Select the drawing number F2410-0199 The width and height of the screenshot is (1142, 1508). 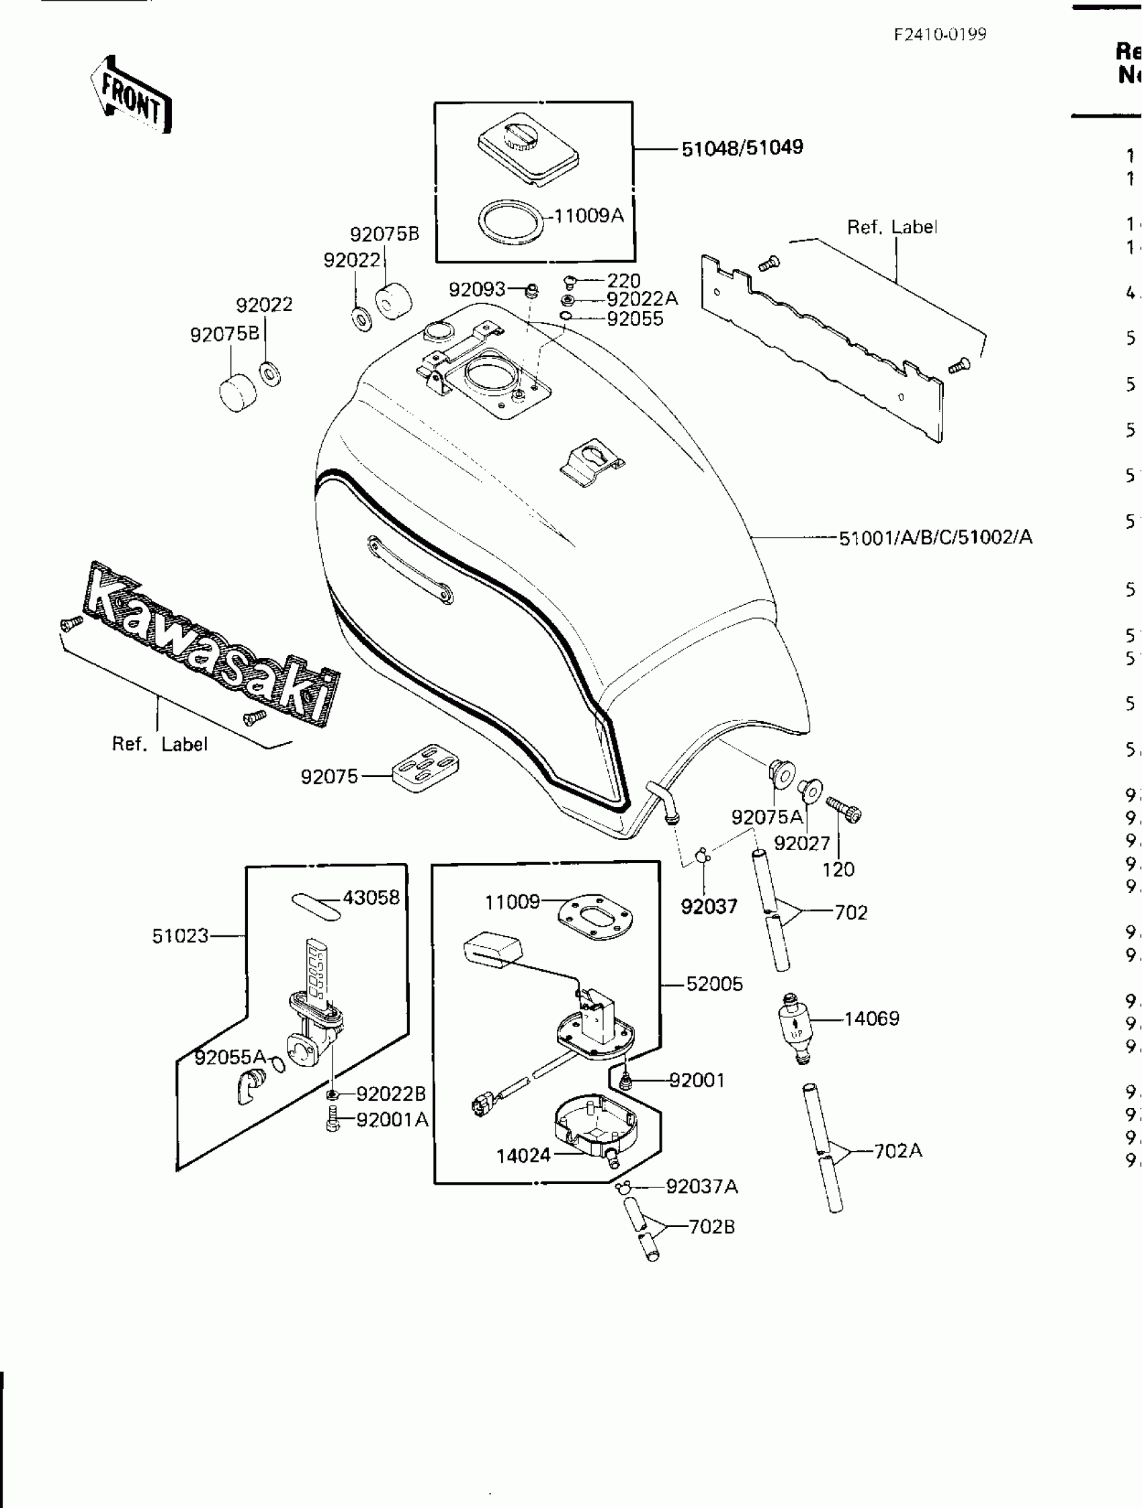940,35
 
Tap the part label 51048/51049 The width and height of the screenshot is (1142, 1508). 742,147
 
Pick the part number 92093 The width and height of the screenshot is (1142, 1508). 477,290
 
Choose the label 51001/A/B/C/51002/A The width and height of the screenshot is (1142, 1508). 935,538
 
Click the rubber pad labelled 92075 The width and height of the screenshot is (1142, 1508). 426,767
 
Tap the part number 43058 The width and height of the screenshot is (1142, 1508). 371,898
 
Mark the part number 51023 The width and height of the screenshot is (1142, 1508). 181,936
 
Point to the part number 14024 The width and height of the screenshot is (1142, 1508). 523,1157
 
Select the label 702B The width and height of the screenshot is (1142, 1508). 712,1227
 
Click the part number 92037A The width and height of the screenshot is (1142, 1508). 702,1187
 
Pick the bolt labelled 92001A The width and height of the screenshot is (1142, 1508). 333,1120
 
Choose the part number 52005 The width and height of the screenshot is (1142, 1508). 714,985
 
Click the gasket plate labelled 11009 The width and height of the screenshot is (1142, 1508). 596,916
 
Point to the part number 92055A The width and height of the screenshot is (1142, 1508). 230,1057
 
